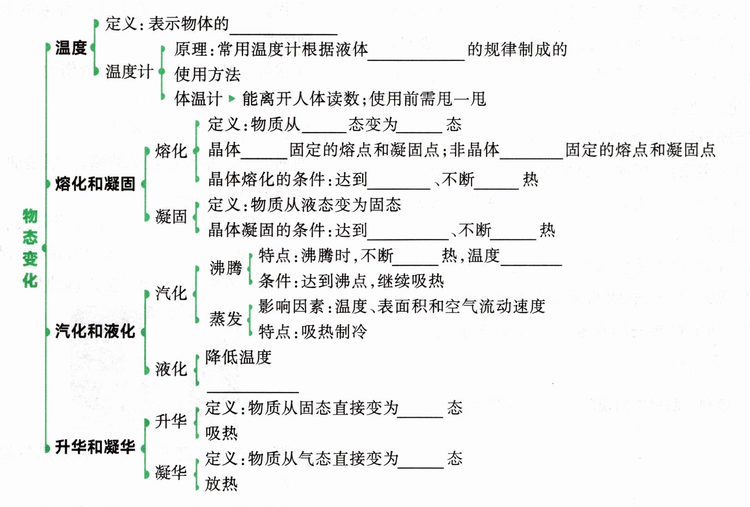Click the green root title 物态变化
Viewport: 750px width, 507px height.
point(30,248)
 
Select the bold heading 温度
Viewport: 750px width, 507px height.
point(71,47)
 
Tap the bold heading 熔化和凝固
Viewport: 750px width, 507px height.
point(95,183)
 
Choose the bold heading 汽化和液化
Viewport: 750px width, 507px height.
point(95,331)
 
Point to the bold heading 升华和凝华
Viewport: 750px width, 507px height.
point(95,447)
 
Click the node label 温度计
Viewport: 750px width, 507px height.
point(129,71)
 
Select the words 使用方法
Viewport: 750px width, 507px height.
point(207,74)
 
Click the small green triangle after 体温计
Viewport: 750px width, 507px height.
point(232,98)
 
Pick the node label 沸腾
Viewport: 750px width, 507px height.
point(226,268)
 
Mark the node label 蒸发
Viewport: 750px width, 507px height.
point(226,318)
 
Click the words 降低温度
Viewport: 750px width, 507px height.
point(238,357)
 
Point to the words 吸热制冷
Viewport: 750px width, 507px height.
point(334,331)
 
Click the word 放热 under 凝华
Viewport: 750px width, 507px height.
point(221,484)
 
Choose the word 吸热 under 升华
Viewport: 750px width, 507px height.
point(221,433)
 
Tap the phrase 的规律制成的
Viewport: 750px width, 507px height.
point(517,49)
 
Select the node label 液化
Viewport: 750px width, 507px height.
point(171,369)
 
